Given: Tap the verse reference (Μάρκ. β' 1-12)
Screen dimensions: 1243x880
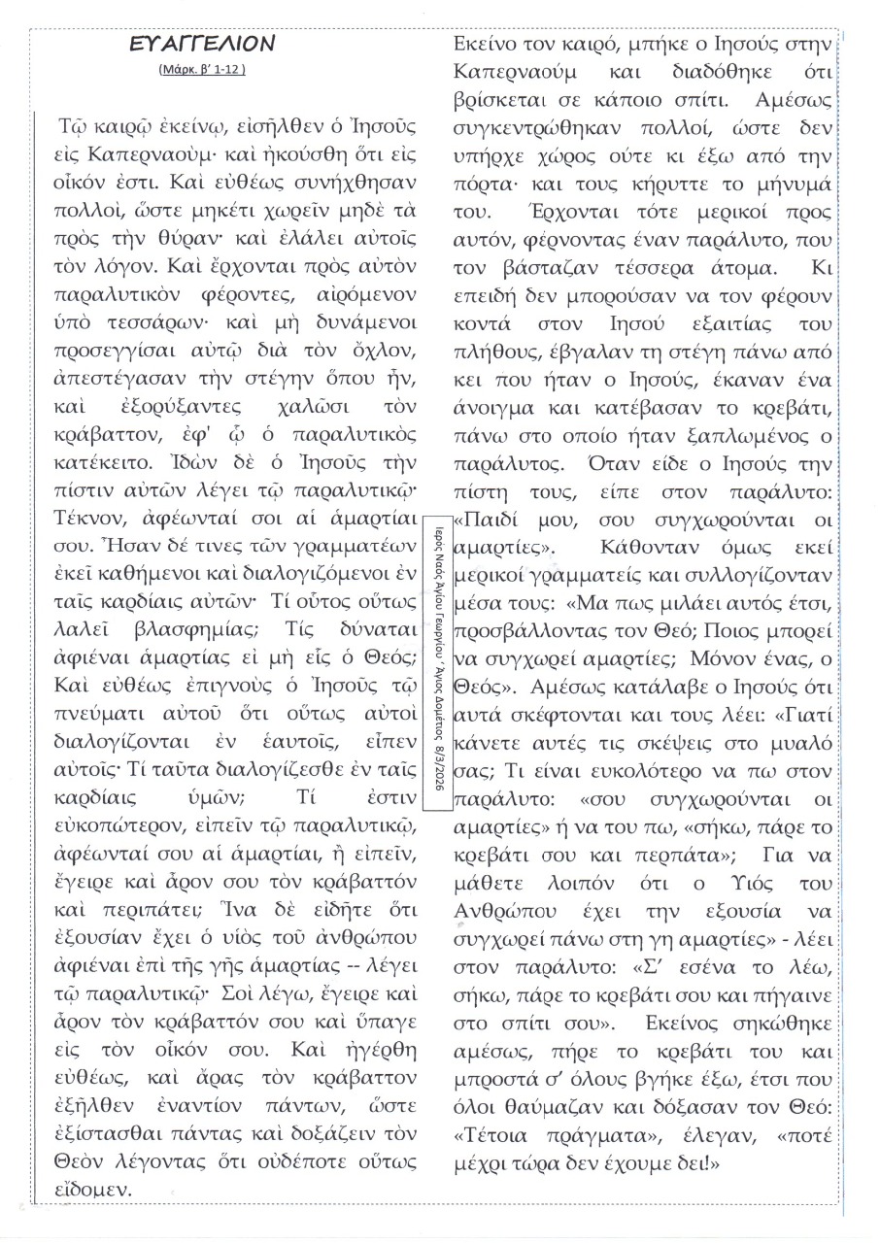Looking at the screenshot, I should pyautogui.click(x=203, y=70).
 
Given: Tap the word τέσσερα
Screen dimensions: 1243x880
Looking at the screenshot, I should pyautogui.click(x=653, y=320).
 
